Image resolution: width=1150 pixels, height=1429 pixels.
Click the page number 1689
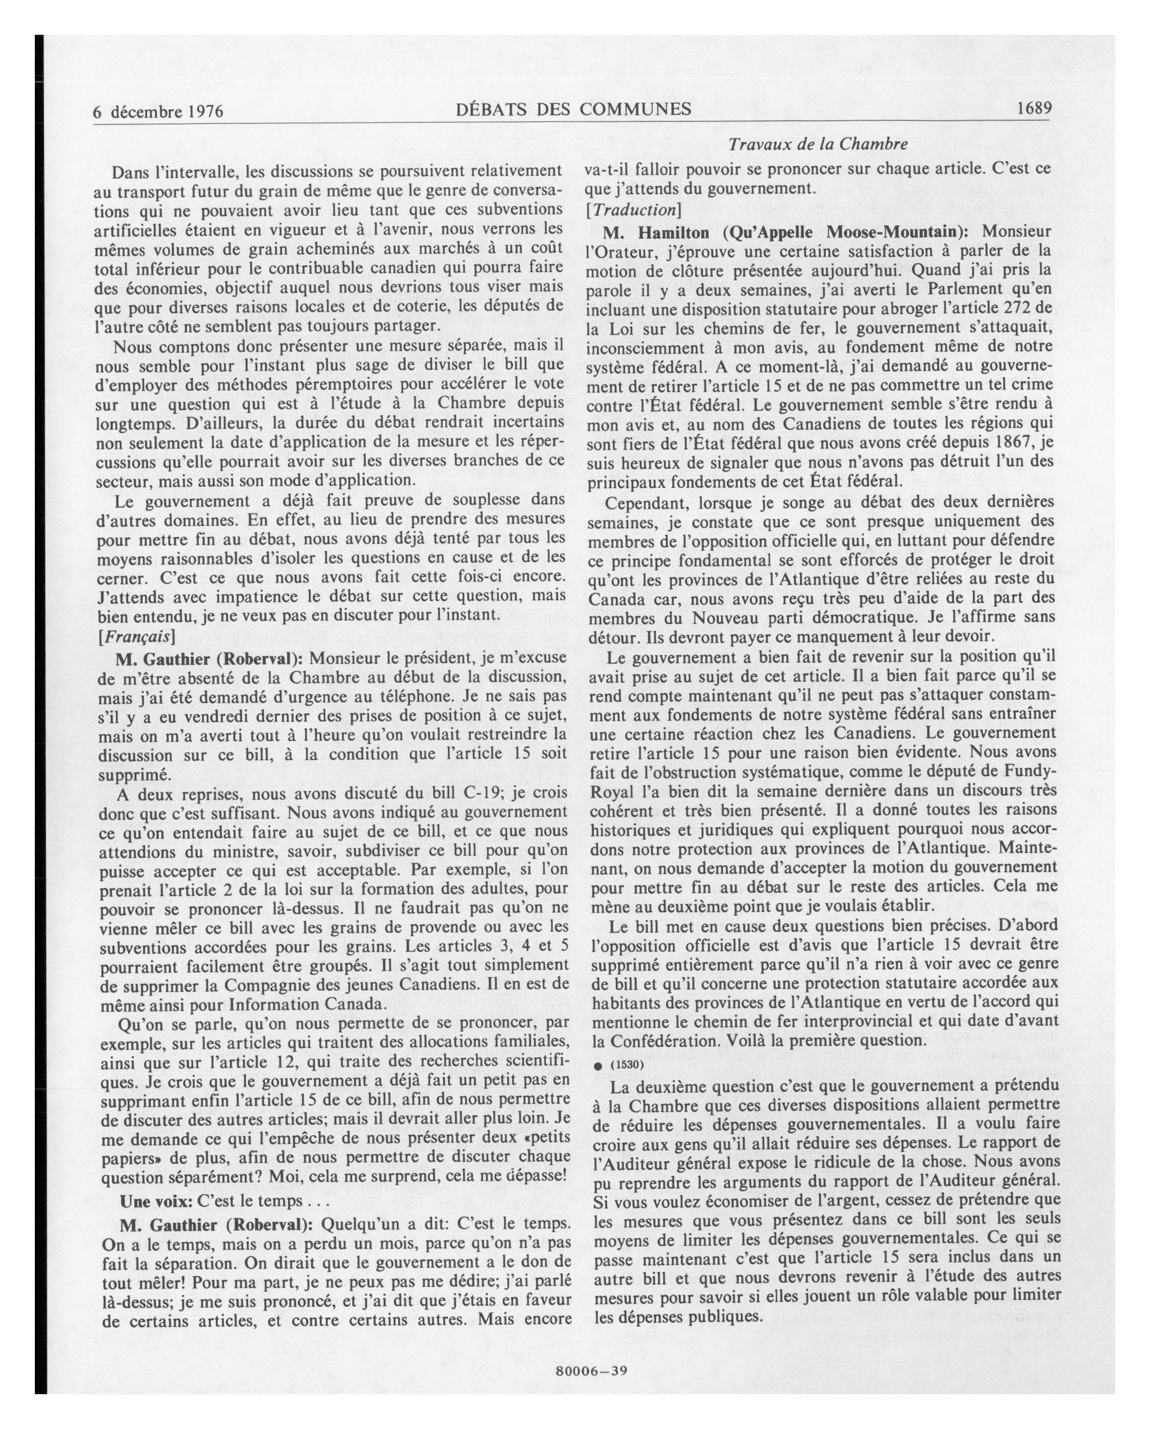1034,108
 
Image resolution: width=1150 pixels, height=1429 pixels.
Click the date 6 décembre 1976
158,111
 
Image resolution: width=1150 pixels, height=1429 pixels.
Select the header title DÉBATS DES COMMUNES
573,109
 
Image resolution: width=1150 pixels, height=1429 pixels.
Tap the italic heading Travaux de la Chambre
818,144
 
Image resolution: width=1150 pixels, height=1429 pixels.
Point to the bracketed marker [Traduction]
633,210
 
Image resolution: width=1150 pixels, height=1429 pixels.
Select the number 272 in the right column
1019,308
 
